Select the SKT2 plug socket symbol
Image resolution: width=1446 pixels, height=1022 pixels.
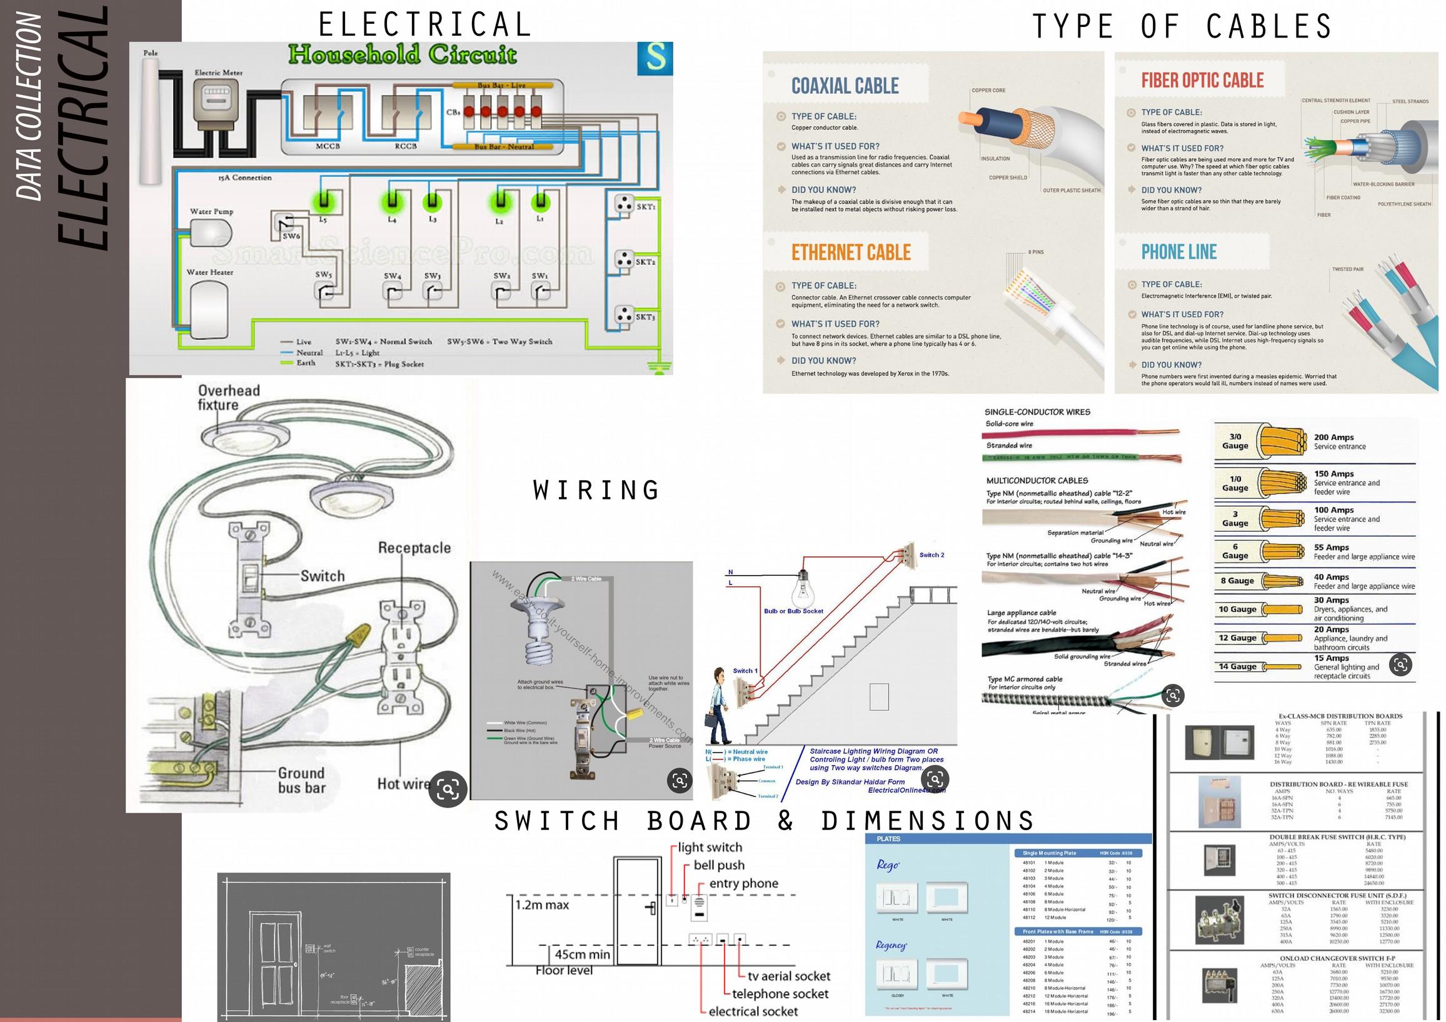pos(624,259)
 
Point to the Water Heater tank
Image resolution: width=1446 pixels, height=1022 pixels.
pos(209,311)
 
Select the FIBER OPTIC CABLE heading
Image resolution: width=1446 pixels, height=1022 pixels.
pos(1202,81)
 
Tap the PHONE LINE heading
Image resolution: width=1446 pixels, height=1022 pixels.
pos(1179,253)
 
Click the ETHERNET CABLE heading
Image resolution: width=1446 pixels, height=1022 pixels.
pos(851,253)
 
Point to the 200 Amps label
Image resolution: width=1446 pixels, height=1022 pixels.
pos(1333,437)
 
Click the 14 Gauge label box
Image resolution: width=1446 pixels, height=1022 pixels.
pos(1238,666)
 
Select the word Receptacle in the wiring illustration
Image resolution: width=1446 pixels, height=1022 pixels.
pos(414,548)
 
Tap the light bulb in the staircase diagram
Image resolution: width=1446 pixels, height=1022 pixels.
pos(802,579)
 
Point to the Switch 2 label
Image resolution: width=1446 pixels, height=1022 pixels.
pos(931,555)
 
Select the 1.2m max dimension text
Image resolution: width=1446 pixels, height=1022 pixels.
pos(542,905)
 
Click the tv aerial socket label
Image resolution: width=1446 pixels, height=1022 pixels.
pos(788,976)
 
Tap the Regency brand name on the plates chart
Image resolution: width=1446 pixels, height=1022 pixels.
pos(890,945)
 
